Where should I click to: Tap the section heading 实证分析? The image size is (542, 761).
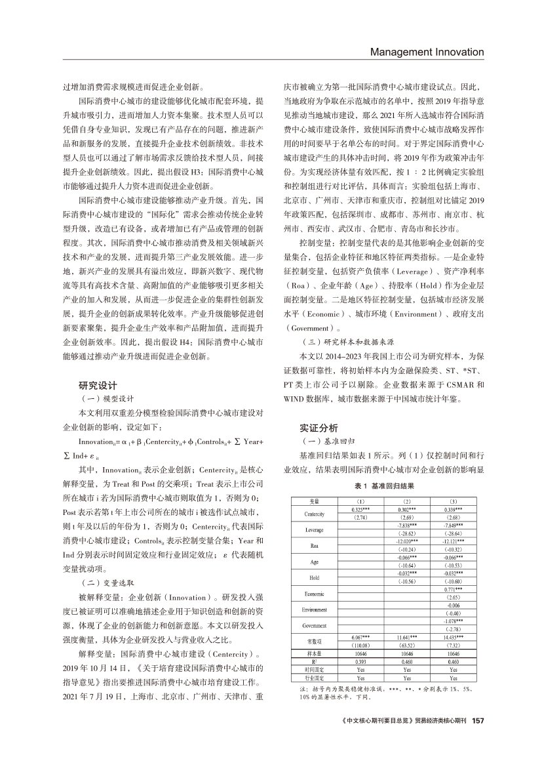point(319,427)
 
